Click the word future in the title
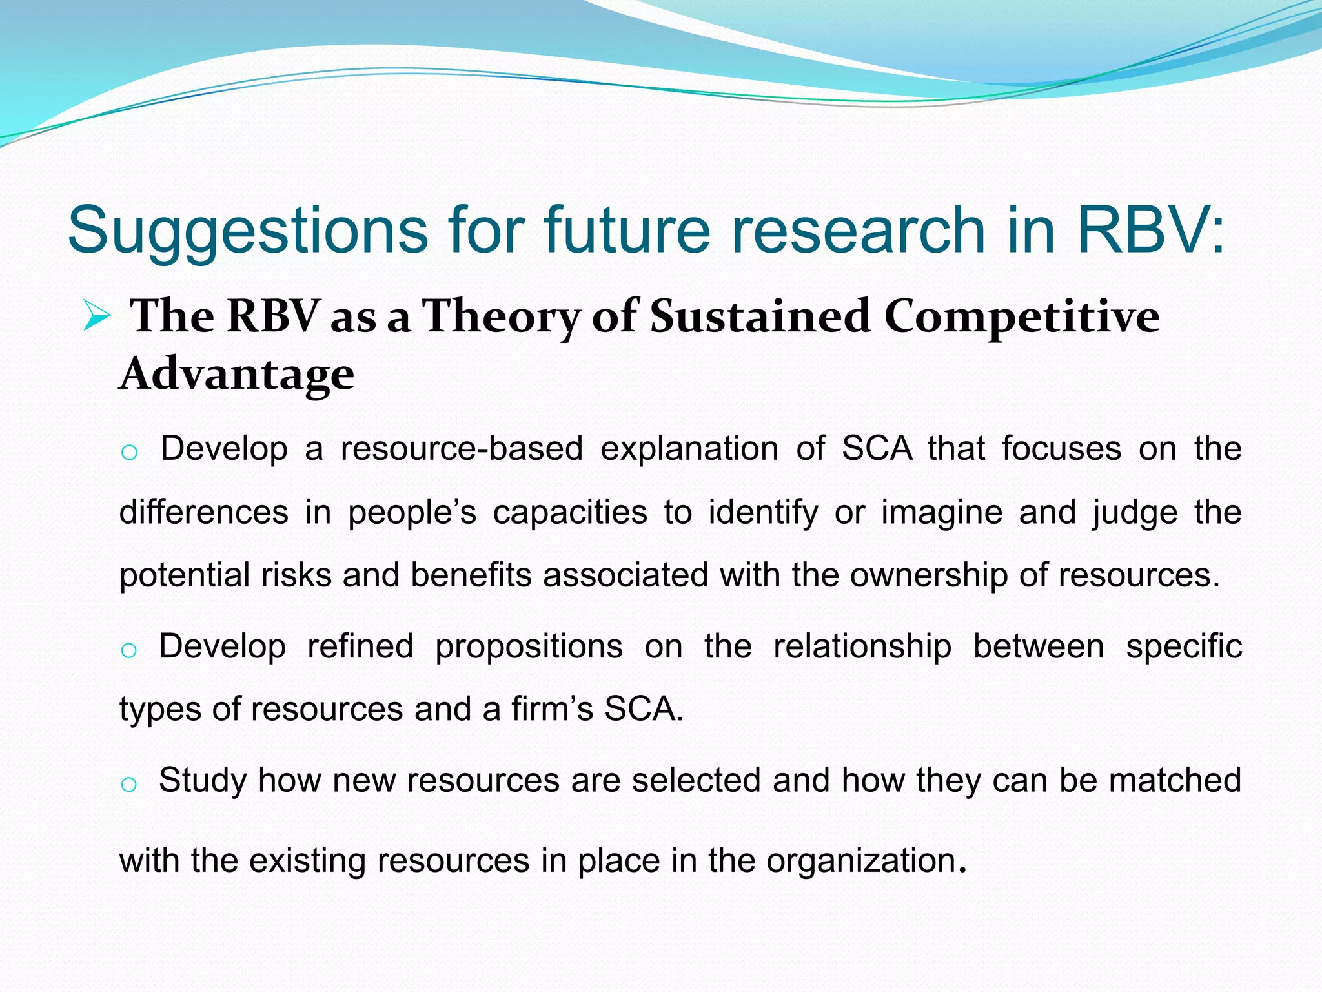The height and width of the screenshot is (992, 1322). tap(627, 230)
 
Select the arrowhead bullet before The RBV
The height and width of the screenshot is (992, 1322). tap(97, 317)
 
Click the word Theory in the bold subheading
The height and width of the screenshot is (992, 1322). tap(501, 317)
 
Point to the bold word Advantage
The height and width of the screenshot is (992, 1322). tap(237, 375)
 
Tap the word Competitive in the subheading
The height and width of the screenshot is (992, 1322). tap(1021, 317)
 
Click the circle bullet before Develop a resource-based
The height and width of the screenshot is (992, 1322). tap(129, 453)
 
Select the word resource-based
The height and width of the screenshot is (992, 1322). tap(462, 448)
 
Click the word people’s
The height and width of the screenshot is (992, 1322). tap(412, 512)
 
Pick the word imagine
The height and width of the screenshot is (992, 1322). tap(942, 512)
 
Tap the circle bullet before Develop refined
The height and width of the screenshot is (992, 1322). tap(129, 650)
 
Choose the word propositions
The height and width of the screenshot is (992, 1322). tap(529, 646)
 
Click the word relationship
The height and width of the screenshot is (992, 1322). tap(862, 646)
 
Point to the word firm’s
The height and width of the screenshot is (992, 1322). tap(552, 708)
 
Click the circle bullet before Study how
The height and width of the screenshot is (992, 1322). tap(129, 784)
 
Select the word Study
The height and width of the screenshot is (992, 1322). tap(203, 780)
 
